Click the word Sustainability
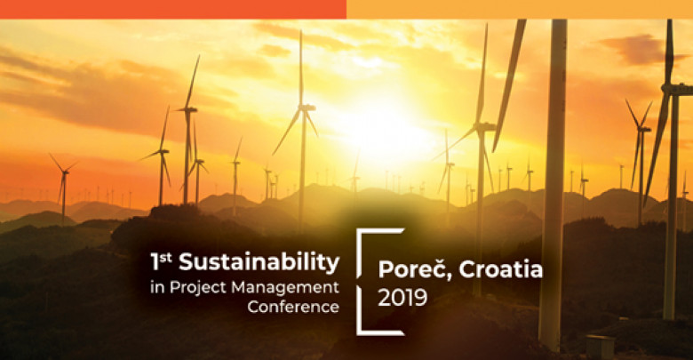click(259, 263)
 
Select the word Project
click(199, 288)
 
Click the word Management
click(286, 288)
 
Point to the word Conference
click(293, 307)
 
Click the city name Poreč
click(411, 269)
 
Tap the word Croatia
click(501, 269)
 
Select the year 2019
click(402, 298)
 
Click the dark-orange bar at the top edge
click(173, 9)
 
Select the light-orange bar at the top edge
click(520, 9)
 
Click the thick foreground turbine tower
click(554, 185)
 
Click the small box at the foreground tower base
click(600, 347)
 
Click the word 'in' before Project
click(157, 288)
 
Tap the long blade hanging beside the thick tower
click(509, 85)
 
